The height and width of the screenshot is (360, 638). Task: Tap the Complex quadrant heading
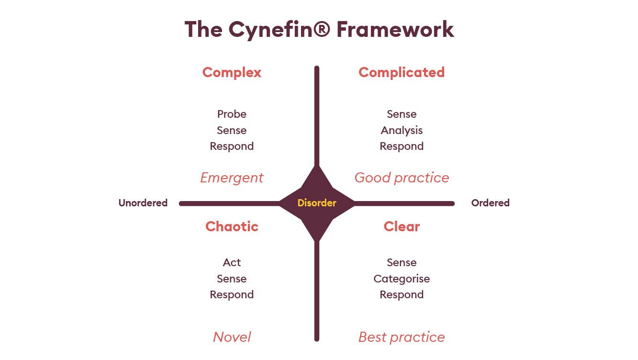232,72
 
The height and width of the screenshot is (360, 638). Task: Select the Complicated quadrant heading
401,72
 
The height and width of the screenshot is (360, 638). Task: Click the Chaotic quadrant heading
232,226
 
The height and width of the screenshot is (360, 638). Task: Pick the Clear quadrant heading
402,226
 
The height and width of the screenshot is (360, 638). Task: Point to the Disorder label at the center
317,203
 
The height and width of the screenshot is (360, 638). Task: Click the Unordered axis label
143,203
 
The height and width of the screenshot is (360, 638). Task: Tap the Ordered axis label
490,203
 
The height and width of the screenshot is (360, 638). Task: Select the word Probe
232,114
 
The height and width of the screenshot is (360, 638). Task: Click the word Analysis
402,130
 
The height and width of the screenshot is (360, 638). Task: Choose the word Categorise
402,279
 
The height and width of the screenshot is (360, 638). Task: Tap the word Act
232,262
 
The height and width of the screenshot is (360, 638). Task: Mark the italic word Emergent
232,178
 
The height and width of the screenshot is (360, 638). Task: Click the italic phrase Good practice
402,178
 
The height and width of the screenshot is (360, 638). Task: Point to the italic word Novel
232,337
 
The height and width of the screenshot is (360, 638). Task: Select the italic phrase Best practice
402,337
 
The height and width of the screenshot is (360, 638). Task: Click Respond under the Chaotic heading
232,294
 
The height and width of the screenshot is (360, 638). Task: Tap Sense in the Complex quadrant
232,130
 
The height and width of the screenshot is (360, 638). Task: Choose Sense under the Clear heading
402,262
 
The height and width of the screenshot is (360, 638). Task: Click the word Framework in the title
395,29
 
